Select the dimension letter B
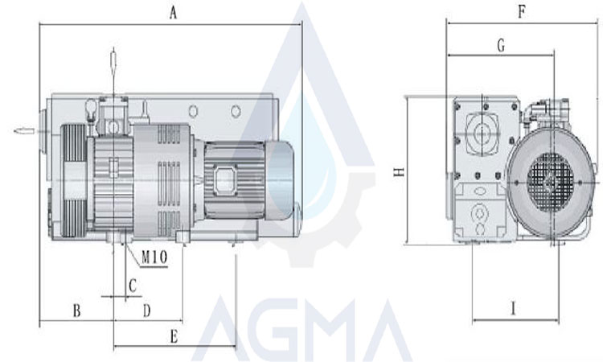77,310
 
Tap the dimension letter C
133,286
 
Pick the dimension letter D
147,310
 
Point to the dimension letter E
174,336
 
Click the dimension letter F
522,11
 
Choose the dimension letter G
501,45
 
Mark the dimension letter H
400,171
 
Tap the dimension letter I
513,308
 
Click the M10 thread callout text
154,257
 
